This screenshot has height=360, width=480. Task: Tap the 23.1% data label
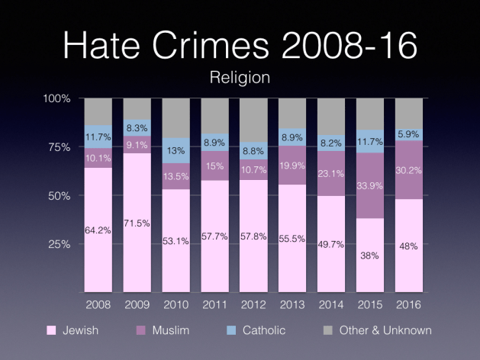[330, 173]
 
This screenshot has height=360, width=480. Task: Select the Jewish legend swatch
[52, 330]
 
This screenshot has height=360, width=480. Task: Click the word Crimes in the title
[207, 46]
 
